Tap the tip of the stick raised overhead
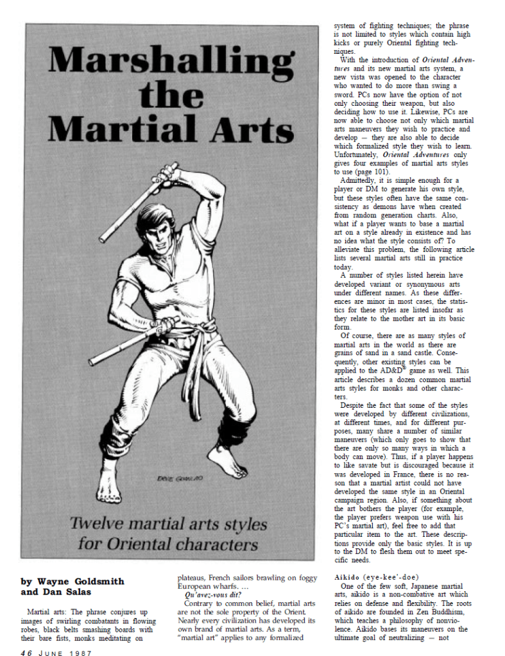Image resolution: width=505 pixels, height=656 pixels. coord(103,241)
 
